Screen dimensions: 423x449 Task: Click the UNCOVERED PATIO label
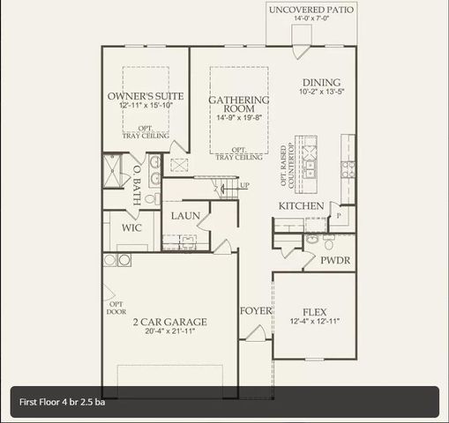[x=311, y=9]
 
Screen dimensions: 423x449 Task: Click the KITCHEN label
[x=301, y=205]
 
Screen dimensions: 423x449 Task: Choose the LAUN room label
[x=184, y=216]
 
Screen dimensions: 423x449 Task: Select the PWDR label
[x=335, y=261]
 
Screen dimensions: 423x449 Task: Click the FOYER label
[x=255, y=311]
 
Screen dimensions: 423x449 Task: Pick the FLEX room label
[x=315, y=312]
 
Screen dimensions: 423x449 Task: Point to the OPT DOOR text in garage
[x=116, y=308]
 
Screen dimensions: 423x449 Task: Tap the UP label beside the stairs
[x=244, y=185]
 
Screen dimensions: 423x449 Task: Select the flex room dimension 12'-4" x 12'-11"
[x=315, y=322]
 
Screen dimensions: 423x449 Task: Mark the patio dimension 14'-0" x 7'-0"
[x=311, y=19]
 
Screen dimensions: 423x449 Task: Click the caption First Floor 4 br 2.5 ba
[x=63, y=402]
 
